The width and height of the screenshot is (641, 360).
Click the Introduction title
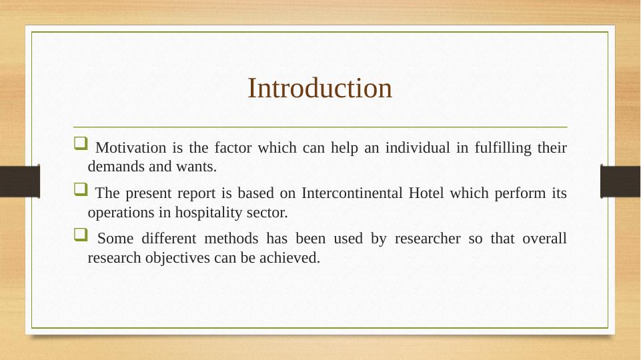pyautogui.click(x=319, y=88)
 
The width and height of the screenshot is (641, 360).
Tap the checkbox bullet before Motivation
pyautogui.click(x=81, y=143)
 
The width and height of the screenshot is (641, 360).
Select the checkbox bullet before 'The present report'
pyautogui.click(x=81, y=189)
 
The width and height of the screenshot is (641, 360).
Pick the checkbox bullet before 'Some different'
pyautogui.click(x=81, y=235)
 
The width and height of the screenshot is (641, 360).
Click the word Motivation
pyautogui.click(x=131, y=147)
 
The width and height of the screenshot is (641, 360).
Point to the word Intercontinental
pyautogui.click(x=352, y=193)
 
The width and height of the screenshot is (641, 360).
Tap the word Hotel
pyautogui.click(x=426, y=193)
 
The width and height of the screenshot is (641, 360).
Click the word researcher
pyautogui.click(x=428, y=239)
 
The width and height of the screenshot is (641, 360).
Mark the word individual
pyautogui.click(x=418, y=147)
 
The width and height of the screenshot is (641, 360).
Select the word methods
pyautogui.click(x=231, y=239)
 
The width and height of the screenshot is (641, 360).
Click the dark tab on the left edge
pyautogui.click(x=20, y=181)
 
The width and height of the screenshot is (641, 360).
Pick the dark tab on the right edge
pyautogui.click(x=620, y=181)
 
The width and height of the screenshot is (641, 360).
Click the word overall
pyautogui.click(x=544, y=239)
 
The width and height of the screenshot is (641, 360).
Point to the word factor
pyautogui.click(x=233, y=147)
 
